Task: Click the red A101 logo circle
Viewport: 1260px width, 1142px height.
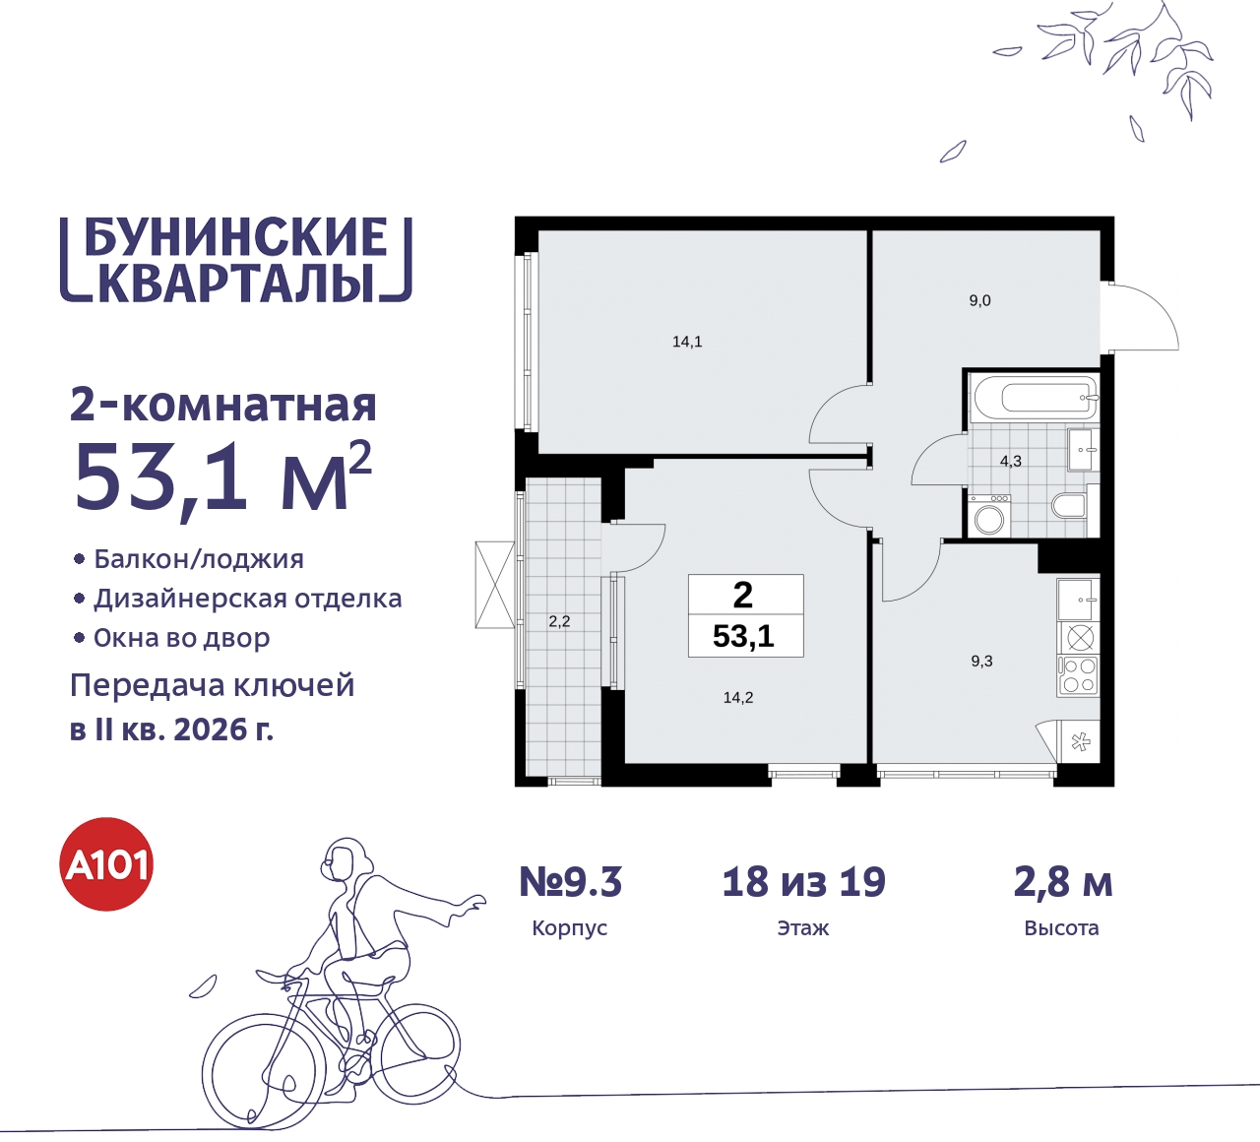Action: click(x=107, y=864)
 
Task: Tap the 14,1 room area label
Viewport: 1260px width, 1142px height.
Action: click(x=687, y=342)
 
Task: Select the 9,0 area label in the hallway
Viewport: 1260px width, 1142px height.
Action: click(x=979, y=300)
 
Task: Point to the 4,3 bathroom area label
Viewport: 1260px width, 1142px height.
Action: click(x=1011, y=461)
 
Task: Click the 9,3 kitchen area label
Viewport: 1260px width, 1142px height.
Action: click(x=981, y=661)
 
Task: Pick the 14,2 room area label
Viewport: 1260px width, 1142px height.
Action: click(x=738, y=697)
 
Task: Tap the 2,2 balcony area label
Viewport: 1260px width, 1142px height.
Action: click(x=559, y=621)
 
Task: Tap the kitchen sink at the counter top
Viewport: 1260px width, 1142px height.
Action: click(x=1079, y=600)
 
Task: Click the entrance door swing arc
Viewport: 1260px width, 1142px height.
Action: click(x=1147, y=315)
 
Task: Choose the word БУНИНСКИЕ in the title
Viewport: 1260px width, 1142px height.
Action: click(x=236, y=238)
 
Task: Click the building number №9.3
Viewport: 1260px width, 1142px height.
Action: click(x=571, y=882)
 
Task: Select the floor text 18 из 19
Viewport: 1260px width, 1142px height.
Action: click(x=803, y=882)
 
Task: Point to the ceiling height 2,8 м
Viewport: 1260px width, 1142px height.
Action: click(x=1062, y=882)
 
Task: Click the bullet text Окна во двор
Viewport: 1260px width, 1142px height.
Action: click(x=181, y=638)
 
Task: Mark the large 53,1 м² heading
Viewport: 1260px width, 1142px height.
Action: click(x=222, y=477)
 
